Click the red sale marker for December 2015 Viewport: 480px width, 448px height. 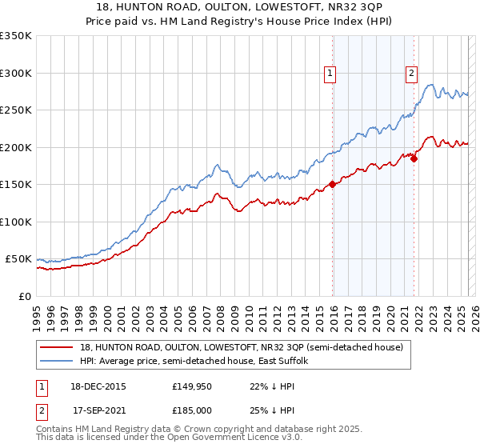click(332, 185)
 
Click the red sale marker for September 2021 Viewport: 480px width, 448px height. click(414, 158)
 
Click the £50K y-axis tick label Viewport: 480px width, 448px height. click(19, 259)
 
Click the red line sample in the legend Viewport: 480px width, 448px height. click(56, 347)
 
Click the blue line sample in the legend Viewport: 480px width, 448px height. click(56, 361)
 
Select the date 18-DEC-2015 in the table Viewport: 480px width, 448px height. click(99, 386)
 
